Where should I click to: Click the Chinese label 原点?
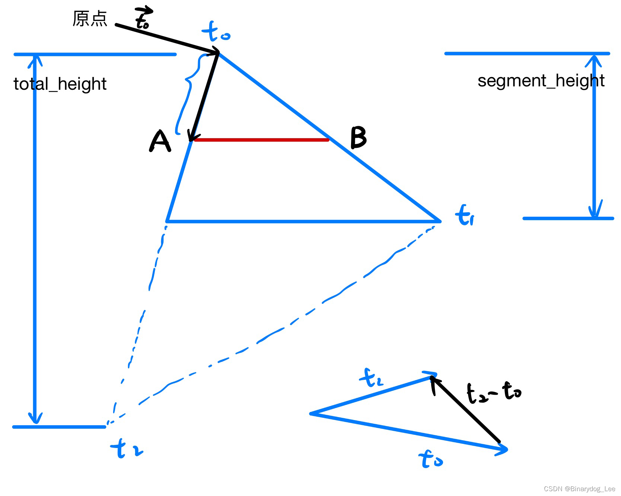pyautogui.click(x=90, y=19)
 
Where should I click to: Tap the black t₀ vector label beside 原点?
pyautogui.click(x=143, y=18)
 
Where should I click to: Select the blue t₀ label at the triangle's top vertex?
pyautogui.click(x=216, y=32)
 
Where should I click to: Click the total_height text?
pyautogui.click(x=60, y=84)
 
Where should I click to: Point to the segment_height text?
pyautogui.click(x=541, y=81)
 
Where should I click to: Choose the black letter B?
pyautogui.click(x=359, y=137)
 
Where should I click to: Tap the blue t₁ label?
pyautogui.click(x=464, y=215)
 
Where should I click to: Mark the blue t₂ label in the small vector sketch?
pyautogui.click(x=371, y=378)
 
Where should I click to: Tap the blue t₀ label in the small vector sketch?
pyautogui.click(x=430, y=459)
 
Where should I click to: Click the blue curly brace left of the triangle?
pyautogui.click(x=188, y=93)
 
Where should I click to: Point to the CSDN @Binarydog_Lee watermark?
pyautogui.click(x=579, y=489)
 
